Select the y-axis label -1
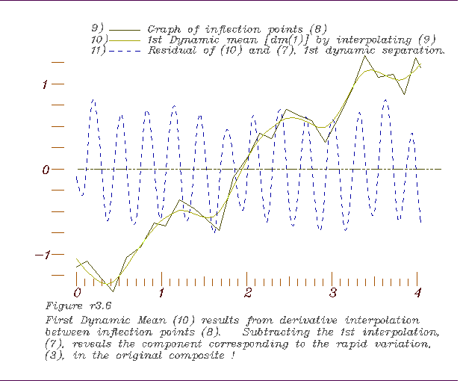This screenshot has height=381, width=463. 41,255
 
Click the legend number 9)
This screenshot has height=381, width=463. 97,28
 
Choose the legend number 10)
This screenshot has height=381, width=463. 98,40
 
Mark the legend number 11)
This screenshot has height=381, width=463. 98,51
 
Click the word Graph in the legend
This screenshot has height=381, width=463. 164,28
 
